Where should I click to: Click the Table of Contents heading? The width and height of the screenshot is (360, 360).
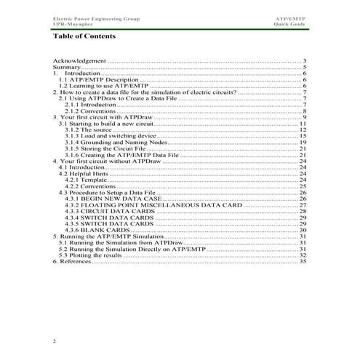point(84,36)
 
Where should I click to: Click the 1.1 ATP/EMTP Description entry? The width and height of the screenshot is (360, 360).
point(97,79)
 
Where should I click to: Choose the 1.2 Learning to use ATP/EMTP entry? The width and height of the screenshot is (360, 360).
point(103,86)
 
